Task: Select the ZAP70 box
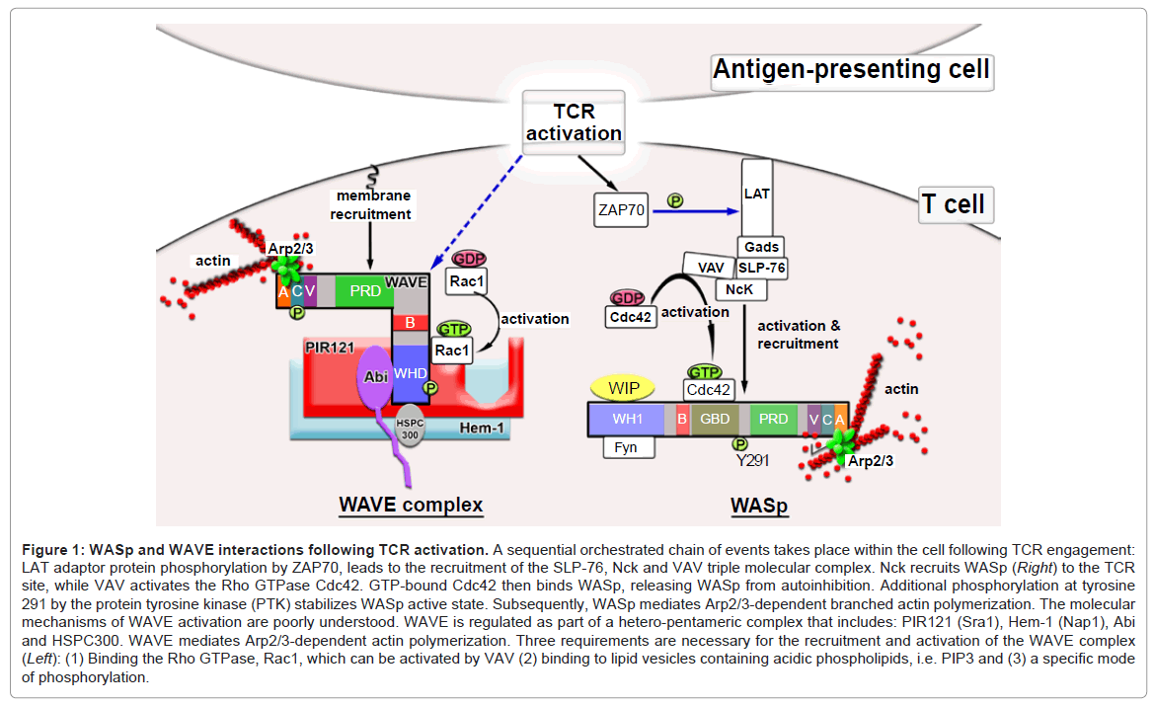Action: (x=622, y=209)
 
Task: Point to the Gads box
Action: (x=761, y=247)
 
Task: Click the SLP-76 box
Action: (x=761, y=267)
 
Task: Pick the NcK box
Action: (x=740, y=288)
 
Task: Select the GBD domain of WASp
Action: (x=715, y=419)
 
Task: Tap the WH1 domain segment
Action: (x=626, y=419)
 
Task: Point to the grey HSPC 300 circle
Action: (x=409, y=431)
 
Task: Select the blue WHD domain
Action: (x=410, y=374)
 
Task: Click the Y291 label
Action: (x=752, y=460)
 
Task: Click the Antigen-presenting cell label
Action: (x=851, y=71)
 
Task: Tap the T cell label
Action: (x=953, y=204)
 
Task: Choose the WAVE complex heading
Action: (x=411, y=505)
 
